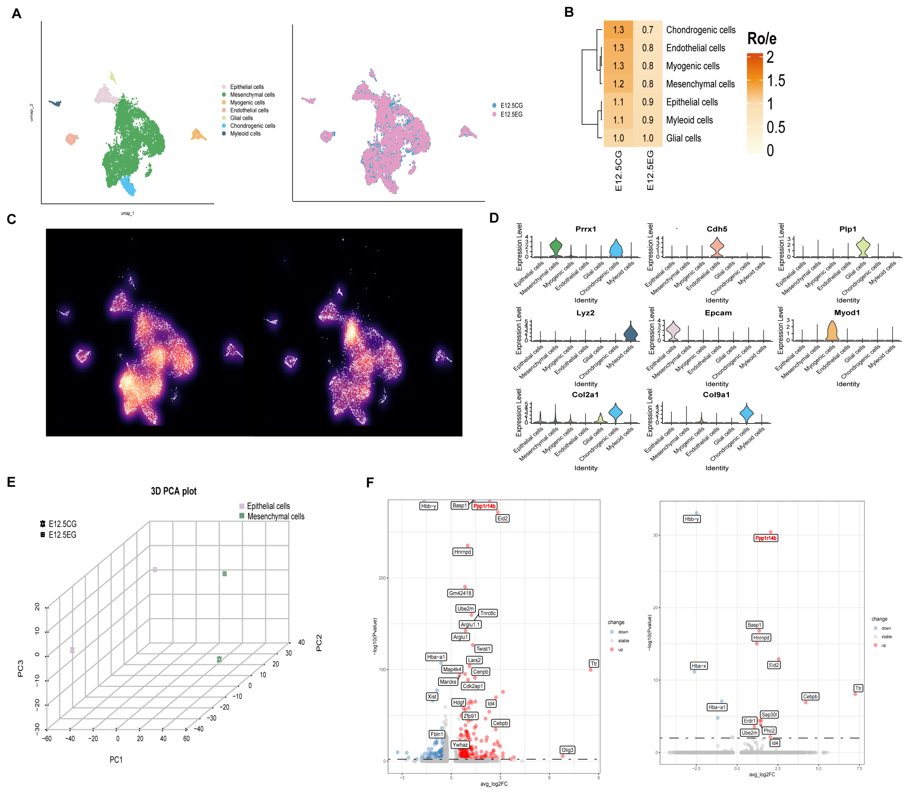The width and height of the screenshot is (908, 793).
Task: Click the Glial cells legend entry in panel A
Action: coord(241,118)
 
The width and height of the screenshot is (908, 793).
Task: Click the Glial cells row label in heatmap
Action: coord(684,138)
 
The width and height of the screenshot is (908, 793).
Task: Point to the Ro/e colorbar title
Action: coord(762,39)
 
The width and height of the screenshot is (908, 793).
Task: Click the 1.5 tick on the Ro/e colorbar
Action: coord(776,81)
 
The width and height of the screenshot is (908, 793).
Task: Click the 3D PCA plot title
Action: coord(173,491)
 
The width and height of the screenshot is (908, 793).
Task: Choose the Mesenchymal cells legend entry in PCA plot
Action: coord(275,516)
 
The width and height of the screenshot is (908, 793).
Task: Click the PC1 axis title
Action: coord(116,760)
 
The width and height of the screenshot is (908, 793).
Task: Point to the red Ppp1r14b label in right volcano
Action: coord(766,538)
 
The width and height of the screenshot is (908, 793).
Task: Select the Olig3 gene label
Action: coord(567,750)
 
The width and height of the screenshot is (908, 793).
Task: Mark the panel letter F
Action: coord(370,482)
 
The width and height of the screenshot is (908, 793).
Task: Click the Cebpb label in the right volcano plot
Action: coord(810,697)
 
